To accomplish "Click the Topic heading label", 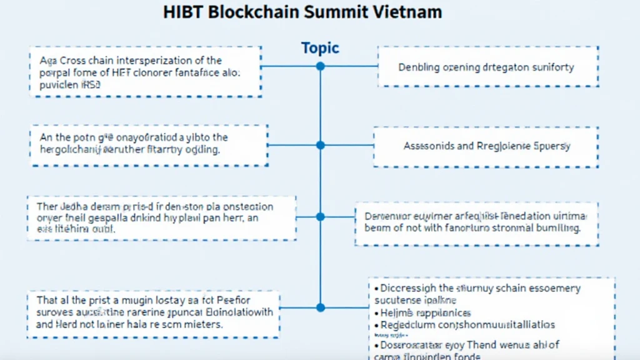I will point(320,47).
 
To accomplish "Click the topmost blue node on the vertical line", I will point(320,66).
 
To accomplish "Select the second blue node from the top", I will point(320,145).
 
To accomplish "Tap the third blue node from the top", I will point(320,217).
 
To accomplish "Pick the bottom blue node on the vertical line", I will point(320,307).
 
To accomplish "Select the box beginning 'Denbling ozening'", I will point(488,66).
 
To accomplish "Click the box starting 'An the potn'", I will point(149,144).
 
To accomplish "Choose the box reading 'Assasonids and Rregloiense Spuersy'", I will point(486,146).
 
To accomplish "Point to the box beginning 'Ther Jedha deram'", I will point(162,217).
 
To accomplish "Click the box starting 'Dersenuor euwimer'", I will point(476,222).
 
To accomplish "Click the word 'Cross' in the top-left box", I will point(71,61).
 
